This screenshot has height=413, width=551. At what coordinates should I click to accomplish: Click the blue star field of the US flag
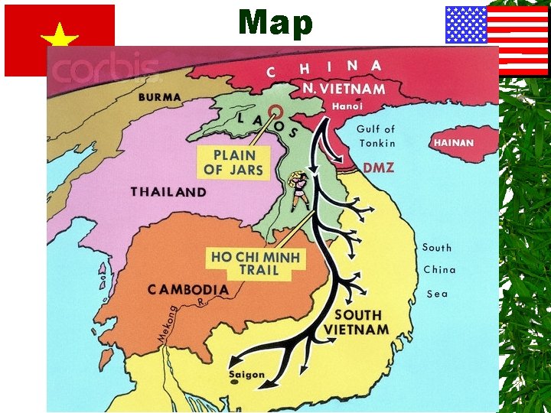pyautogui.click(x=466, y=25)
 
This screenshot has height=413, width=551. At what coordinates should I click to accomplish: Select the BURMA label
pyautogui.click(x=160, y=98)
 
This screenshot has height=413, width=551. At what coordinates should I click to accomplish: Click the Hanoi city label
pyautogui.click(x=347, y=107)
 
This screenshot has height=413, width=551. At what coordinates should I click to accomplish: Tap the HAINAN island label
pyautogui.click(x=454, y=143)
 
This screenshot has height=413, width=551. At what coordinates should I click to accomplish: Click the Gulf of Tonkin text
pyautogui.click(x=376, y=136)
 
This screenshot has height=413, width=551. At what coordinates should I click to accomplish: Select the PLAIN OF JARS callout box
pyautogui.click(x=233, y=162)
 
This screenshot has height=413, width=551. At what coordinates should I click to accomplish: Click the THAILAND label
pyautogui.click(x=168, y=192)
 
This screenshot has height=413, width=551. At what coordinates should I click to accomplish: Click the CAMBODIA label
pyautogui.click(x=187, y=290)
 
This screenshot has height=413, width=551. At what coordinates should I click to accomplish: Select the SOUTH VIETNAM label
pyautogui.click(x=356, y=322)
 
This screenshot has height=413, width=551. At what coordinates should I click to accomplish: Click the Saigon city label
pyautogui.click(x=246, y=375)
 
